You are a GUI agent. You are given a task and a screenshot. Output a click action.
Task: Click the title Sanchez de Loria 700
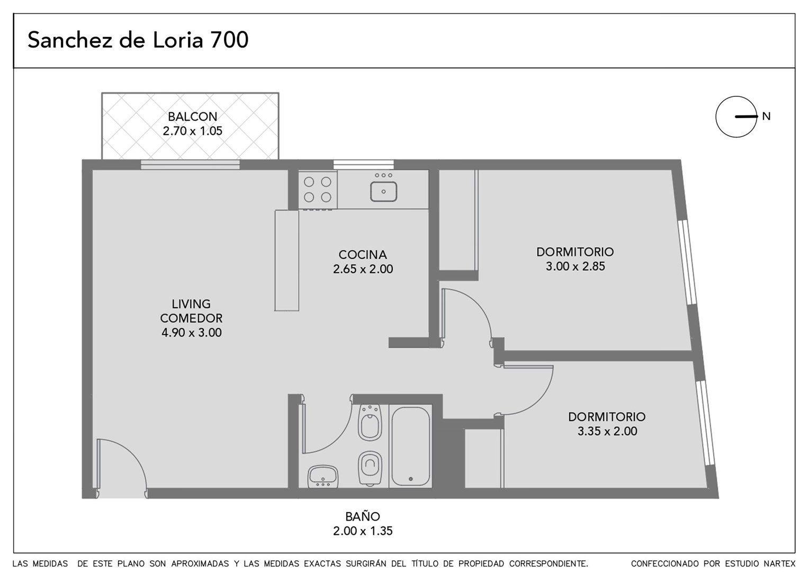[138, 40]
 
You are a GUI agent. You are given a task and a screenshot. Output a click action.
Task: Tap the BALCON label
[193, 117]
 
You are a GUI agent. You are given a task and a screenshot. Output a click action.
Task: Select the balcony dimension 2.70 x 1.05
[193, 131]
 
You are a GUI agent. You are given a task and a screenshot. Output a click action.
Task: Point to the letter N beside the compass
[767, 117]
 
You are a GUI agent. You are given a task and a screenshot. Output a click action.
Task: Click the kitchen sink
[383, 192]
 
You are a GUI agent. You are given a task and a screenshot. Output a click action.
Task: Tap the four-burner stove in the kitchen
[318, 190]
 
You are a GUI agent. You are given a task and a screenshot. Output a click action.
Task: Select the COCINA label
[363, 255]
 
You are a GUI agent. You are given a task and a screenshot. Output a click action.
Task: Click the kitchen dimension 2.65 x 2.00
[363, 269]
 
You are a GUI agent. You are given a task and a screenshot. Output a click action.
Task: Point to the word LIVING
[191, 304]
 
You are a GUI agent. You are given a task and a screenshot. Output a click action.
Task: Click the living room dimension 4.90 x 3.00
[192, 333]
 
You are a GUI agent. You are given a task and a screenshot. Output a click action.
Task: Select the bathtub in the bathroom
[411, 446]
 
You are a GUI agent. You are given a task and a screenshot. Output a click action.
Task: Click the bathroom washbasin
[322, 476]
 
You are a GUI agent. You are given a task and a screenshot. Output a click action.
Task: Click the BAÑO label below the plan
[363, 517]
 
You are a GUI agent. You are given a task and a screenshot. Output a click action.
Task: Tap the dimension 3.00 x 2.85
[576, 266]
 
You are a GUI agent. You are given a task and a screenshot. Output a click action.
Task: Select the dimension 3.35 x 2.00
[607, 431]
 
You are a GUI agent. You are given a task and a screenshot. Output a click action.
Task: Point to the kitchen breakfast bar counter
[287, 260]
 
